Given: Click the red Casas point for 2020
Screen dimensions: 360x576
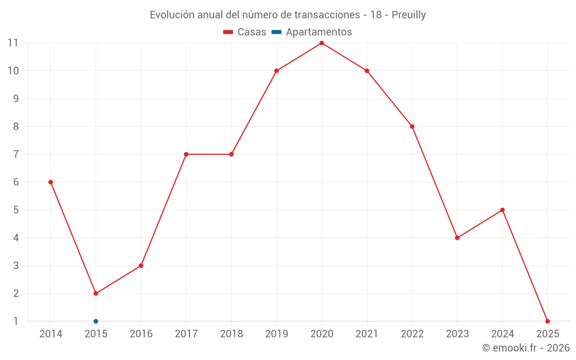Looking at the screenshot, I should [x=321, y=43].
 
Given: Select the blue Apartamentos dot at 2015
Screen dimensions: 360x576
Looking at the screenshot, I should [x=96, y=321].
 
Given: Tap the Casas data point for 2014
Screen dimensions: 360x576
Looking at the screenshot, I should [x=51, y=182].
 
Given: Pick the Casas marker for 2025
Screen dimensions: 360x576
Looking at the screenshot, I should [x=547, y=321].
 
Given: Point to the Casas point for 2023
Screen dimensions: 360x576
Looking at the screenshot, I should [x=457, y=238].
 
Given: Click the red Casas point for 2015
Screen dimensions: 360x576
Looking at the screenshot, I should [x=96, y=294].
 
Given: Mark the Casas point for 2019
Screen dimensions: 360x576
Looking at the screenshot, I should [x=276, y=71].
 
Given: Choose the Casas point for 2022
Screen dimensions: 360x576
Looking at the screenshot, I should [x=412, y=127].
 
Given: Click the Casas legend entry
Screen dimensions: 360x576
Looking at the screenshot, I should [x=245, y=32].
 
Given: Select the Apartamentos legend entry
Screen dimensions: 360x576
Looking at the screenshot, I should [x=312, y=32].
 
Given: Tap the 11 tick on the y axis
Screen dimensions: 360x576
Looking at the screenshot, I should [x=13, y=43].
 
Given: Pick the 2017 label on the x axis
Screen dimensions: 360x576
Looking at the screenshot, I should [x=186, y=334].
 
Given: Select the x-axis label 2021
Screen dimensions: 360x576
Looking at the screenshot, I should [x=367, y=334].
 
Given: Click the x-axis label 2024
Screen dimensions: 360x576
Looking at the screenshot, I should [x=502, y=334].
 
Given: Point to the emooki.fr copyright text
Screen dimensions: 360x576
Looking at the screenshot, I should [x=526, y=348].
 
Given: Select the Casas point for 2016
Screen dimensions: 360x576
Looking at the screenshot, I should [x=141, y=266].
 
